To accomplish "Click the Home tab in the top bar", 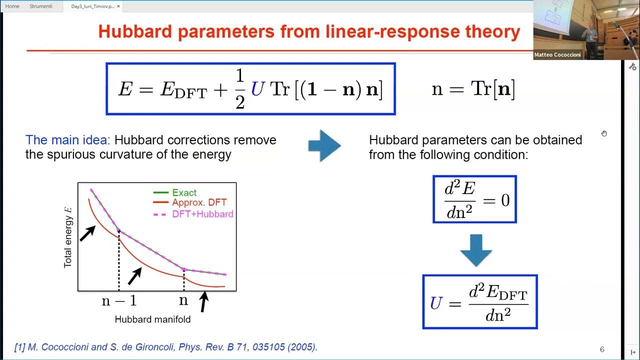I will coord(12,6).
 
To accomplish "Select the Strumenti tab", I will coord(41,6).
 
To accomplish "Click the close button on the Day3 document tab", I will coord(118,6).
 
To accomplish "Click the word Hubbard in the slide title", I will coord(136,31).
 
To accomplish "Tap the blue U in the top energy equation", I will coord(257,89).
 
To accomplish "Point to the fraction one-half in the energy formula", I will coord(239,89).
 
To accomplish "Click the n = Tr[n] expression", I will coord(473,89).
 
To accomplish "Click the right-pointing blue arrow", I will coord(324,146).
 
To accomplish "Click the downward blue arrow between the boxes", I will coord(476,250).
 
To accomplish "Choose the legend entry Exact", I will coord(184,192).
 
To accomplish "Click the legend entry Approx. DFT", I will coord(199,202).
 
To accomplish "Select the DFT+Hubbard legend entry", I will coord(202,214).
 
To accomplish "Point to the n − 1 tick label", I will coord(119,300).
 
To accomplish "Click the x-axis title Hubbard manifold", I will coord(152,319).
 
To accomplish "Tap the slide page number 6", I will coord(602,349).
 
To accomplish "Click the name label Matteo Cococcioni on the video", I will coord(557,55).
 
